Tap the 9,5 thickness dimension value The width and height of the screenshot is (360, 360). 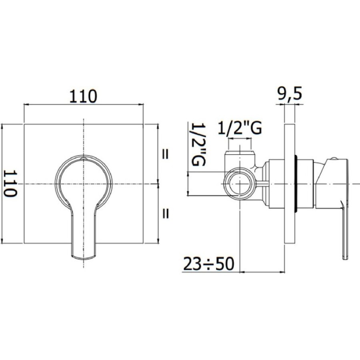click(x=289, y=94)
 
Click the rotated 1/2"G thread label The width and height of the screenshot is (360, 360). click(x=198, y=145)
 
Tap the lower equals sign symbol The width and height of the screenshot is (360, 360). click(x=165, y=214)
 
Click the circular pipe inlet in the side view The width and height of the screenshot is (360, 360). click(x=240, y=184)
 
